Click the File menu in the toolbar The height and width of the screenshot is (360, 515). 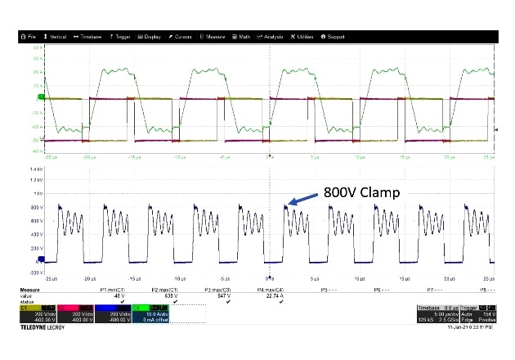point(30,37)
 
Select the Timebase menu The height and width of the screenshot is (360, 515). point(88,37)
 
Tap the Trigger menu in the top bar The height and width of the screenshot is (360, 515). point(121,37)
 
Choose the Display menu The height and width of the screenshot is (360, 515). point(150,37)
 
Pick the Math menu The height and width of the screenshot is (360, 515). point(243,37)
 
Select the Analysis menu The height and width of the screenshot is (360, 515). point(271,37)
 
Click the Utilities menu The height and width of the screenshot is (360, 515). point(302,37)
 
